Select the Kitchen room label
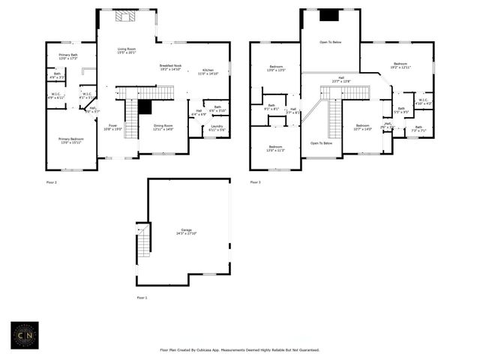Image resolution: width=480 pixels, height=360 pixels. click(x=208, y=72)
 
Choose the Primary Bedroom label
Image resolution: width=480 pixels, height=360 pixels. click(x=71, y=140)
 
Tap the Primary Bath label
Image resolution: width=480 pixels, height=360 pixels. click(x=68, y=56)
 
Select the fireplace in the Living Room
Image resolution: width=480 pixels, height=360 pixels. click(x=126, y=15)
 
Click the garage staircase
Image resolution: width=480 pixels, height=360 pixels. click(x=142, y=241)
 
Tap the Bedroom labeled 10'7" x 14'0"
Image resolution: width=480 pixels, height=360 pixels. click(x=362, y=127)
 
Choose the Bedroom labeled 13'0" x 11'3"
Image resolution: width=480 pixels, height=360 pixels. click(x=275, y=148)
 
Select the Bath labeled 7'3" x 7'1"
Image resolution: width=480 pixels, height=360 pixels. click(x=418, y=129)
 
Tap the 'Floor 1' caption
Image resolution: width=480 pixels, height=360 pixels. click(x=142, y=298)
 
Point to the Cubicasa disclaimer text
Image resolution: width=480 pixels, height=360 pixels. click(x=239, y=349)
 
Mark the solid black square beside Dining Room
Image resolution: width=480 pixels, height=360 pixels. click(x=145, y=106)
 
